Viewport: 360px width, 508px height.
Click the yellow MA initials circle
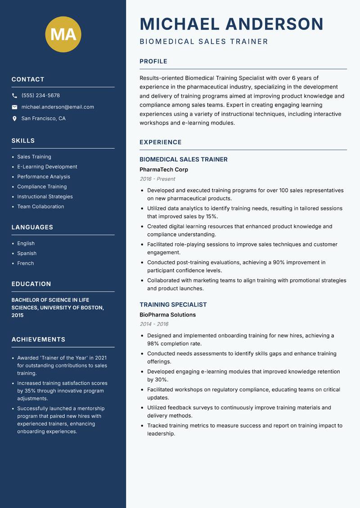[63, 34]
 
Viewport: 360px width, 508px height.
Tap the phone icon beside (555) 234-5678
[14, 96]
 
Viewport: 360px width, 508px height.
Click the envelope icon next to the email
[14, 107]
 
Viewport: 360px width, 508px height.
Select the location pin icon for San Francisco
[14, 119]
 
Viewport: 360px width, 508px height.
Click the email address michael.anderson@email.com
[58, 107]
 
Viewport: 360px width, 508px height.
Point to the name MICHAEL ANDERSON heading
[231, 24]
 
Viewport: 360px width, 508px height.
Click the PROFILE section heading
[153, 62]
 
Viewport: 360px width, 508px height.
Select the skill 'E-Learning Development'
[47, 167]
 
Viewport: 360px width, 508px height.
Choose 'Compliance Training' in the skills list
[42, 187]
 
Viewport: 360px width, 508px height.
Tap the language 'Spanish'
[27, 254]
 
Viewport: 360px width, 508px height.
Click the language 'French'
[26, 263]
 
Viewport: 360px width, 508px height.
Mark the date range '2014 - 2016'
[154, 324]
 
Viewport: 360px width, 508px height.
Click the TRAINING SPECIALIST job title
[173, 305]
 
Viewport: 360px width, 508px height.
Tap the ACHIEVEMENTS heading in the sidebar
[38, 339]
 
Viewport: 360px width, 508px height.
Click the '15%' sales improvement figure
[211, 217]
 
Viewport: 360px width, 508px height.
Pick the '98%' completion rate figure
[154, 343]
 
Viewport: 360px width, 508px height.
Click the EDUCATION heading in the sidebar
[31, 284]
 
